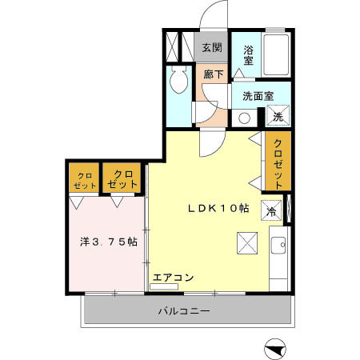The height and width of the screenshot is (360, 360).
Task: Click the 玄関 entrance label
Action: (212, 47)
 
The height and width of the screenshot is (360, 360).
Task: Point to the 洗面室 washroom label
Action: (258, 96)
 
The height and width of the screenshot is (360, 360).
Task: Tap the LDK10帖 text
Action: (218, 208)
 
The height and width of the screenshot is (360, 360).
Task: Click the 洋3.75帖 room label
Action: (107, 240)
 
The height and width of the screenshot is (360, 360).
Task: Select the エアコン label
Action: (173, 278)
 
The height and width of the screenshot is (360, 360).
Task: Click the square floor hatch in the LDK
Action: (245, 241)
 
